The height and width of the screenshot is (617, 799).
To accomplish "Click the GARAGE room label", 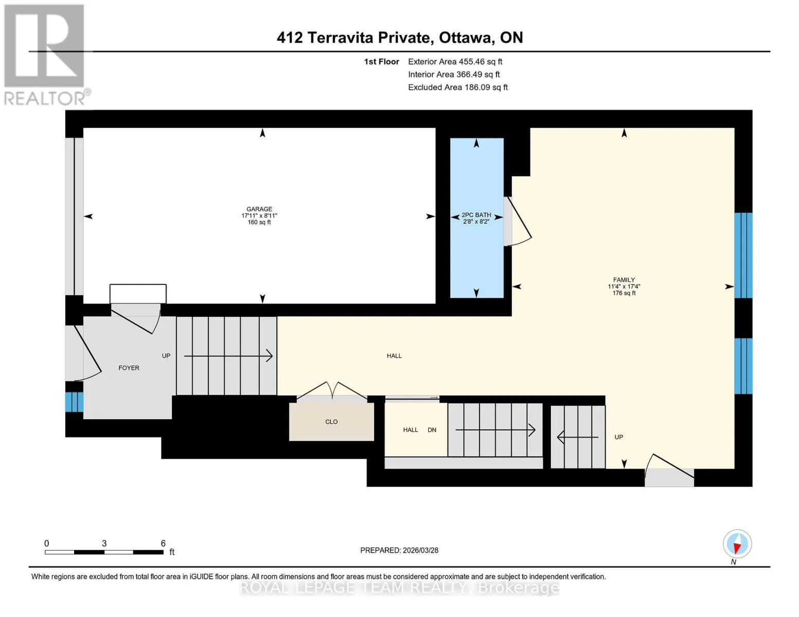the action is coord(259,209).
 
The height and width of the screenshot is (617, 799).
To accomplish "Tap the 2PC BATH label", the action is coord(476,214).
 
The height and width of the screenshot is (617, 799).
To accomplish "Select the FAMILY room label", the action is coord(624,280).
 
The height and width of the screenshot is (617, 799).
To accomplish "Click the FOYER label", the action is coord(129,368).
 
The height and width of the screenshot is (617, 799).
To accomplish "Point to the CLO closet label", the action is coord(331,422).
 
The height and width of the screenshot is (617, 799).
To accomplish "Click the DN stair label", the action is coord(432,429).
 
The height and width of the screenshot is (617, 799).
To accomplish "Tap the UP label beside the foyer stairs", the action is coord(166,356).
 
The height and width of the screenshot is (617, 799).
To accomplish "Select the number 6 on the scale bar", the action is coord(163,543).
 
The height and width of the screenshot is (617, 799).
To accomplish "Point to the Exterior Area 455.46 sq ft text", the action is coord(455,62).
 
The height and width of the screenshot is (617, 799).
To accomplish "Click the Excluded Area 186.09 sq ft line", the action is coord(458,87).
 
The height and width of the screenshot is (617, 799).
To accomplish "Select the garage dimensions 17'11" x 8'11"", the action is coord(259,216).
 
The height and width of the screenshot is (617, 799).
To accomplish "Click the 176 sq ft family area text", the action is coord(624,293).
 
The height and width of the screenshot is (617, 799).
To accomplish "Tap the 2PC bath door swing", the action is coord(519,222).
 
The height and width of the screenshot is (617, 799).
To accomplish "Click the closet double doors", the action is coord(332,390).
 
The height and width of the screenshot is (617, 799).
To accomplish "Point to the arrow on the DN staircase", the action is coord(495,429).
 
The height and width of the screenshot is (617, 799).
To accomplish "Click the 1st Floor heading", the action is coord(381,62).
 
